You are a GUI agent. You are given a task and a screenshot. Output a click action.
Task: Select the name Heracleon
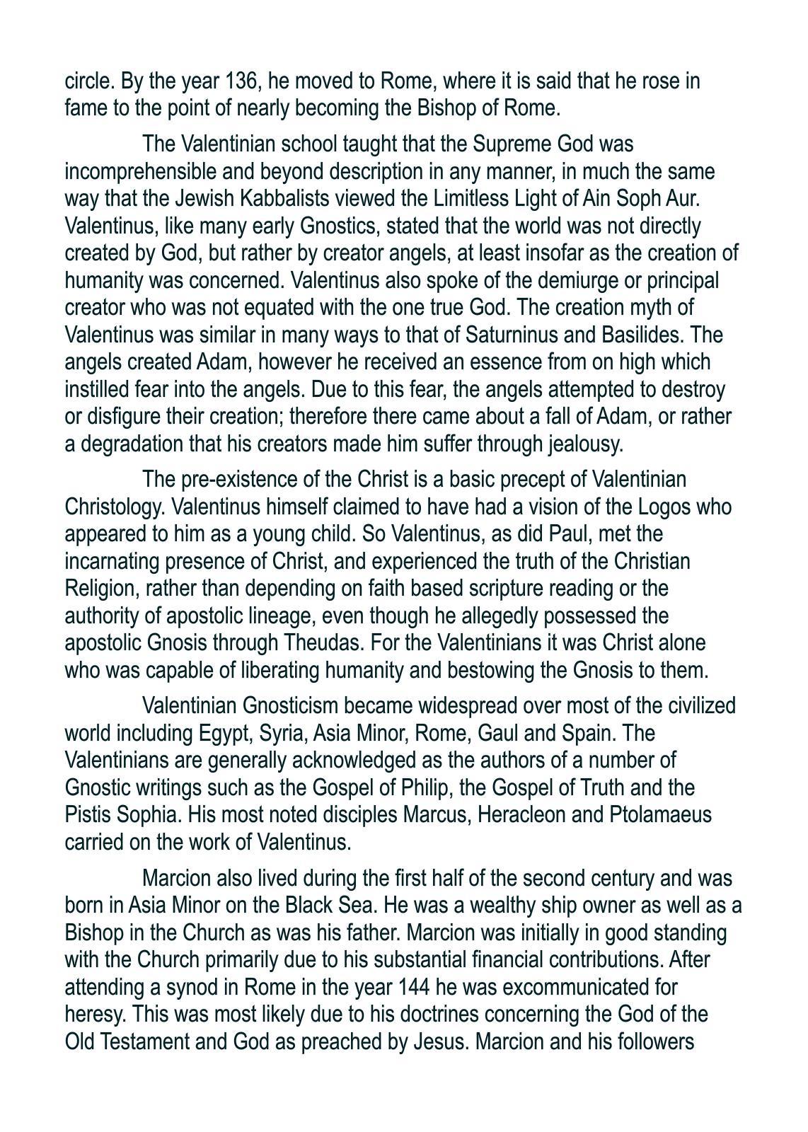[521, 815]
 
